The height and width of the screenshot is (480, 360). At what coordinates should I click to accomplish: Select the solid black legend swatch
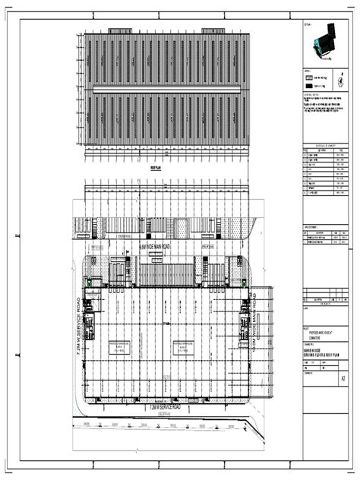[x=310, y=87]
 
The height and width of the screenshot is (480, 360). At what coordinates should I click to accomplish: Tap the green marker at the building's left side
[x=90, y=283]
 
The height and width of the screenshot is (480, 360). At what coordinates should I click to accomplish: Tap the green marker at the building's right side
[x=246, y=283]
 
